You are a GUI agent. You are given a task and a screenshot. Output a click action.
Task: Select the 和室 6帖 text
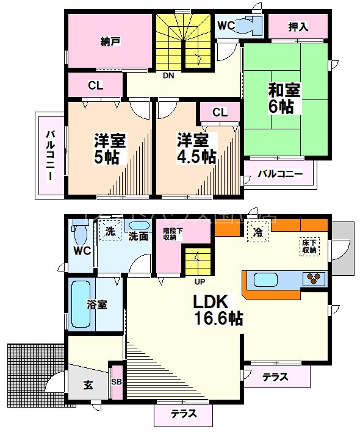pos(284,98)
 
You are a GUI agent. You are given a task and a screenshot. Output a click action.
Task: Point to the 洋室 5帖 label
pos(110,148)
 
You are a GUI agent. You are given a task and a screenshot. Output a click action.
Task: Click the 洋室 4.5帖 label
pos(195,148)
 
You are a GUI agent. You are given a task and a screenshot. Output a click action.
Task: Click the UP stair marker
pos(200,283)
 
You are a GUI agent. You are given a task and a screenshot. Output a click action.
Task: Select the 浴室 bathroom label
pos(97,304)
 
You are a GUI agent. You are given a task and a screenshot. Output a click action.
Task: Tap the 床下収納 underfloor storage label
pos(309,246)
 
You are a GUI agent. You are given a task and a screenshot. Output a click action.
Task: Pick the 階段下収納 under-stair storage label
pos(170,234)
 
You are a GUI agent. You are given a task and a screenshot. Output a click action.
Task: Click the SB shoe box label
pos(117,382)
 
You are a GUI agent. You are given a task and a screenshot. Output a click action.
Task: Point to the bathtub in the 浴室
pos(79,304)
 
